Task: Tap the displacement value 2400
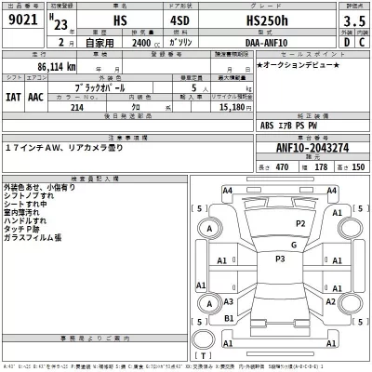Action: click(x=142, y=42)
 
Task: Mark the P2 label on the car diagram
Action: click(x=299, y=223)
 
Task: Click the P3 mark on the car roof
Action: click(x=280, y=258)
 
